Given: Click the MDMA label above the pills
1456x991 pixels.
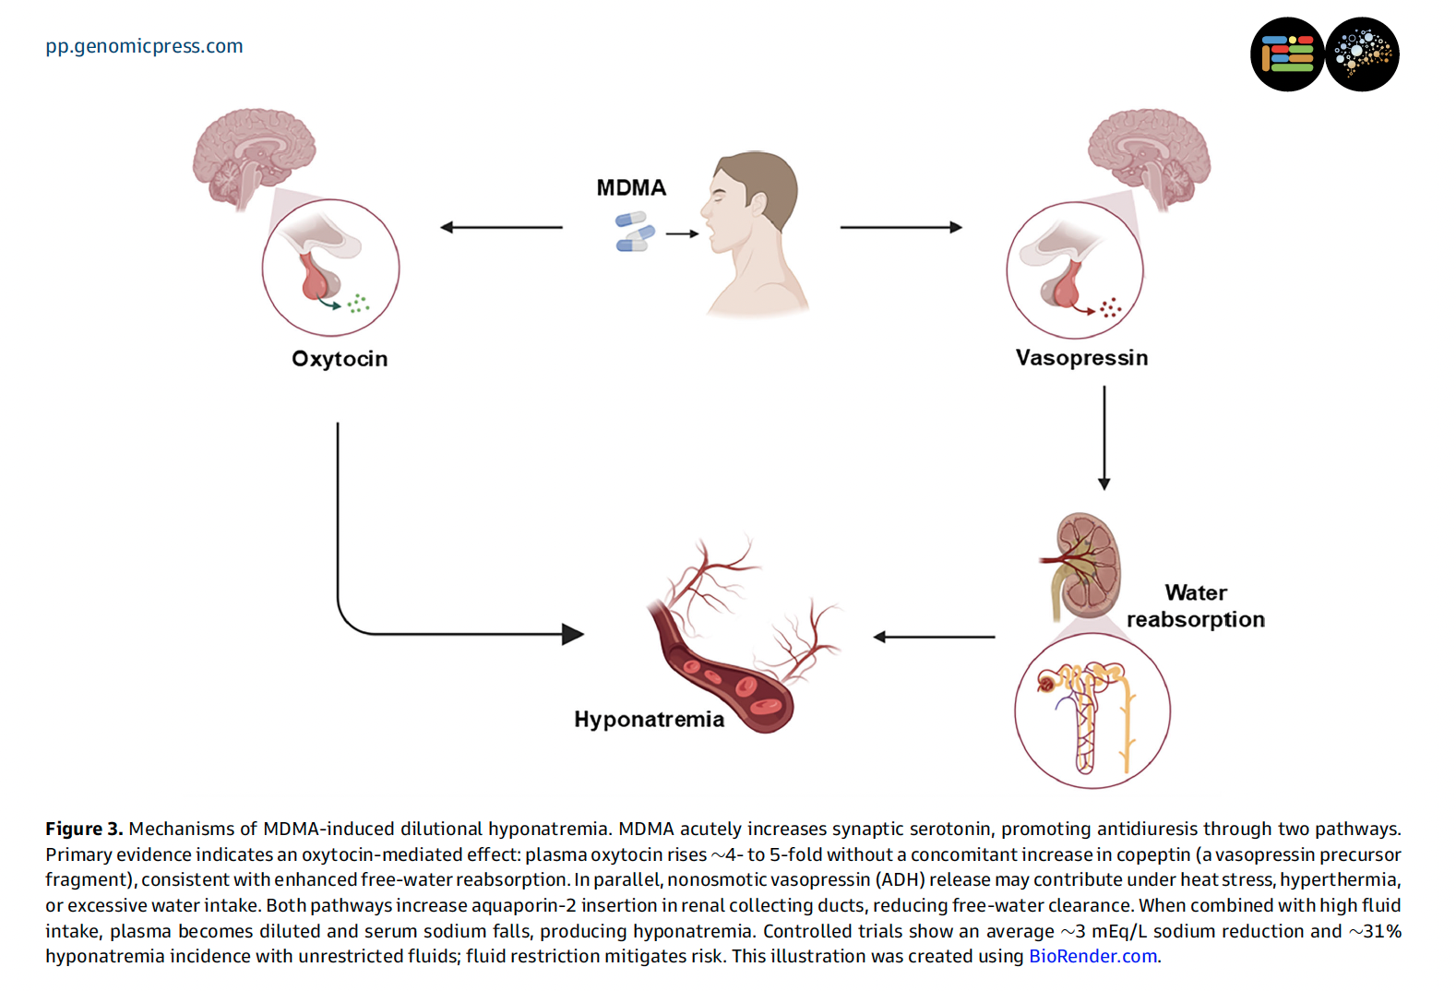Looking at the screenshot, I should point(631,188).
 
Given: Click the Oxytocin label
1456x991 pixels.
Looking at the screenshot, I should point(340,359).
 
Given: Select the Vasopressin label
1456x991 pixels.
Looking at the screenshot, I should point(1081,358).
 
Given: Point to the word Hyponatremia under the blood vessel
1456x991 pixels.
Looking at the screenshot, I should point(649,720).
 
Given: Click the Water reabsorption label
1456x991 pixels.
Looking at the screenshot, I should point(1196,606).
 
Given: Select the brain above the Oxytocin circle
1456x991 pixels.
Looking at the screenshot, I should point(252,153).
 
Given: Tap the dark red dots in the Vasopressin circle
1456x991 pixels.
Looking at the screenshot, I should point(1110,308).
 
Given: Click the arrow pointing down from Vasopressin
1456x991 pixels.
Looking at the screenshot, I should point(1104,438).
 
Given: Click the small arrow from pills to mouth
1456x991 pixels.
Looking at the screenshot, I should point(682,234).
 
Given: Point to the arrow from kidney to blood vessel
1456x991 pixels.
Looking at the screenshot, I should point(934,637).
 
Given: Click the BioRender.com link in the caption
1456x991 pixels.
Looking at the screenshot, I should point(1092,957).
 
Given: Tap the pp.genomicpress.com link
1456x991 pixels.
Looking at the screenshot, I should point(144,46).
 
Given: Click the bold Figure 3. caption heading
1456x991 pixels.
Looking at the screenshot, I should point(84,829).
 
